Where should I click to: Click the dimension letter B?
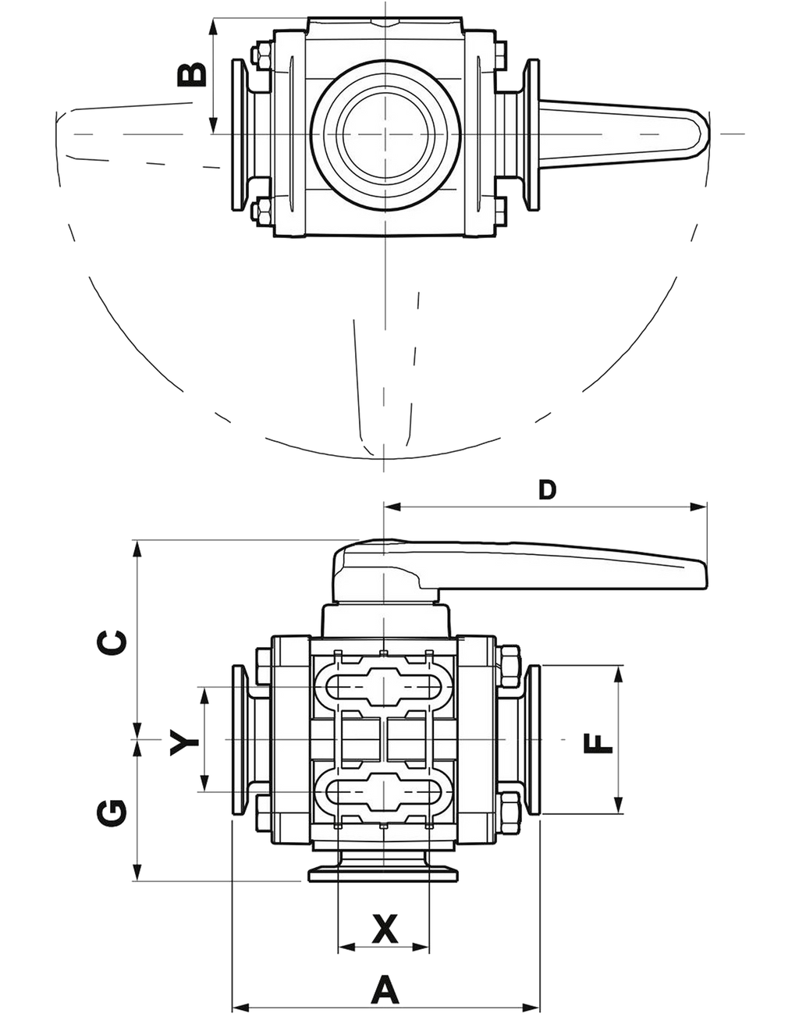click(x=192, y=75)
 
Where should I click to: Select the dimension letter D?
click(x=547, y=490)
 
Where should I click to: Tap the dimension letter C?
click(x=112, y=642)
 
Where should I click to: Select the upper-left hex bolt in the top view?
click(x=261, y=55)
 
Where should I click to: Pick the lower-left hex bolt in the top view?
click(x=261, y=212)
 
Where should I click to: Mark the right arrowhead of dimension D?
click(x=698, y=507)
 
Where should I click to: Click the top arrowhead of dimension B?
click(x=213, y=27)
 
